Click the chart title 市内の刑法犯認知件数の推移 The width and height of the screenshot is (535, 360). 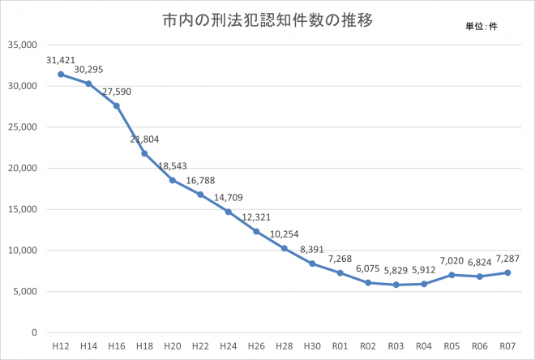(x=267, y=20)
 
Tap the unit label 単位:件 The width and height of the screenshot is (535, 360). (x=481, y=27)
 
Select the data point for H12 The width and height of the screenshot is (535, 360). (x=61, y=74)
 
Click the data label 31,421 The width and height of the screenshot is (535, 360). (x=61, y=60)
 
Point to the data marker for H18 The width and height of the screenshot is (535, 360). (x=144, y=153)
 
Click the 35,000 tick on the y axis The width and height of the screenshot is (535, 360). (x=25, y=45)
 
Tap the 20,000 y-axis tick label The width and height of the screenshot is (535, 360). (x=25, y=168)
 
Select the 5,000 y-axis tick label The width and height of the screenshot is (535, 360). (x=28, y=292)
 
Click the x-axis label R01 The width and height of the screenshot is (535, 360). (x=340, y=346)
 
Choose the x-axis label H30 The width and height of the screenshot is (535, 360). (x=311, y=346)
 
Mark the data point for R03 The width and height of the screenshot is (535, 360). (x=396, y=285)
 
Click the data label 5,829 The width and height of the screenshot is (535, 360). (x=396, y=271)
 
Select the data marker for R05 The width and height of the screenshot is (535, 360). (x=452, y=275)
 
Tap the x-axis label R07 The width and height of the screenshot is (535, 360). (x=507, y=346)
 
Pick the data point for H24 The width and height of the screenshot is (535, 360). (x=229, y=212)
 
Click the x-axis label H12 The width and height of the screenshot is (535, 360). (x=61, y=346)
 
